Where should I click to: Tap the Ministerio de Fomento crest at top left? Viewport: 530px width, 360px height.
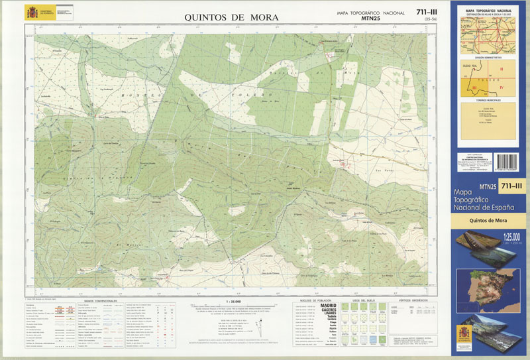[x=32, y=13]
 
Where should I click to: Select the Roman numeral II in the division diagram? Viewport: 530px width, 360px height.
[x=502, y=69]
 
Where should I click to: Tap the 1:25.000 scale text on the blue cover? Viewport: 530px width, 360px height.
[x=511, y=236]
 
